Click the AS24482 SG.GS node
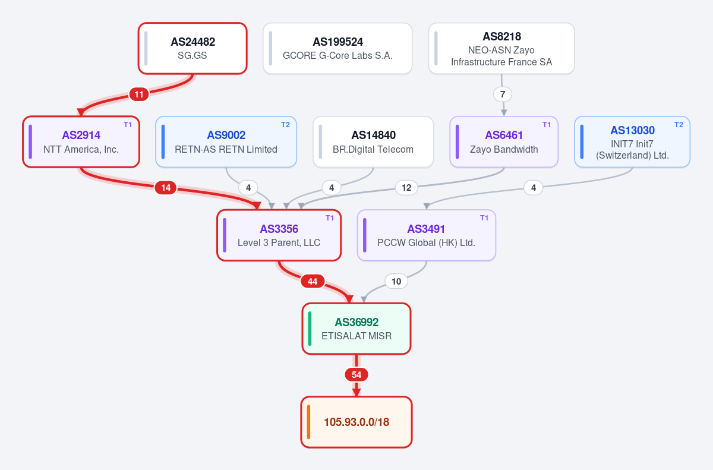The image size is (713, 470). point(193,48)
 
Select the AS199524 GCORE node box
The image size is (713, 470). point(337,48)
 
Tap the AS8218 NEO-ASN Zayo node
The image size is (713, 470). point(501,48)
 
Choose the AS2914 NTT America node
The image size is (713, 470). point(81,142)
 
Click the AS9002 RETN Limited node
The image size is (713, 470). point(226,142)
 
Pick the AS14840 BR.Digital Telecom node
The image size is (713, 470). point(373,142)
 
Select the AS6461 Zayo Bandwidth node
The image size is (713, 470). point(504,142)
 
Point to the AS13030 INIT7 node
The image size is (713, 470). point(632,142)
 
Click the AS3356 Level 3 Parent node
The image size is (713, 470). point(279,235)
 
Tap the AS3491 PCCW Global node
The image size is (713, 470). point(426,235)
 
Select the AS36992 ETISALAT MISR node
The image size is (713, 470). point(356,329)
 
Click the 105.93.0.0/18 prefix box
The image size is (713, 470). point(356,422)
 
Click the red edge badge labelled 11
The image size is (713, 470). point(139,94)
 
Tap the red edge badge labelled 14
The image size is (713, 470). point(166,188)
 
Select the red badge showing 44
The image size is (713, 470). point(313,281)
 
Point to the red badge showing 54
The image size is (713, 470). point(356,375)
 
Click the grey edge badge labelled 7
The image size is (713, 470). point(503,94)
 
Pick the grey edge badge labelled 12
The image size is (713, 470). point(406,188)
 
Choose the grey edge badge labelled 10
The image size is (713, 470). point(396,281)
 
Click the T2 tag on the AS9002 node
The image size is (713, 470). point(286,125)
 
